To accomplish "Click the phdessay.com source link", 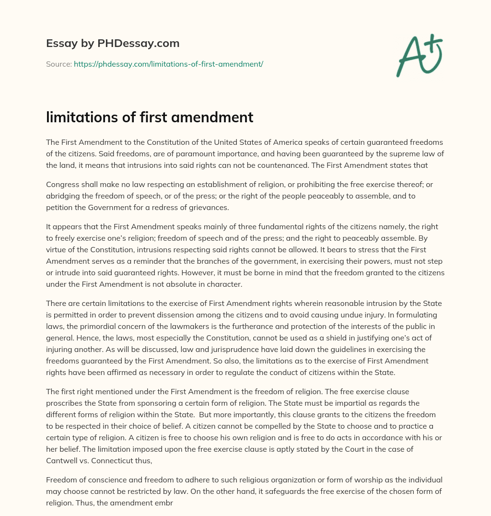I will (x=168, y=64).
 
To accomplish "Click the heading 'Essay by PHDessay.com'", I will (x=113, y=44).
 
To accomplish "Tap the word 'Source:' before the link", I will (x=58, y=64).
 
